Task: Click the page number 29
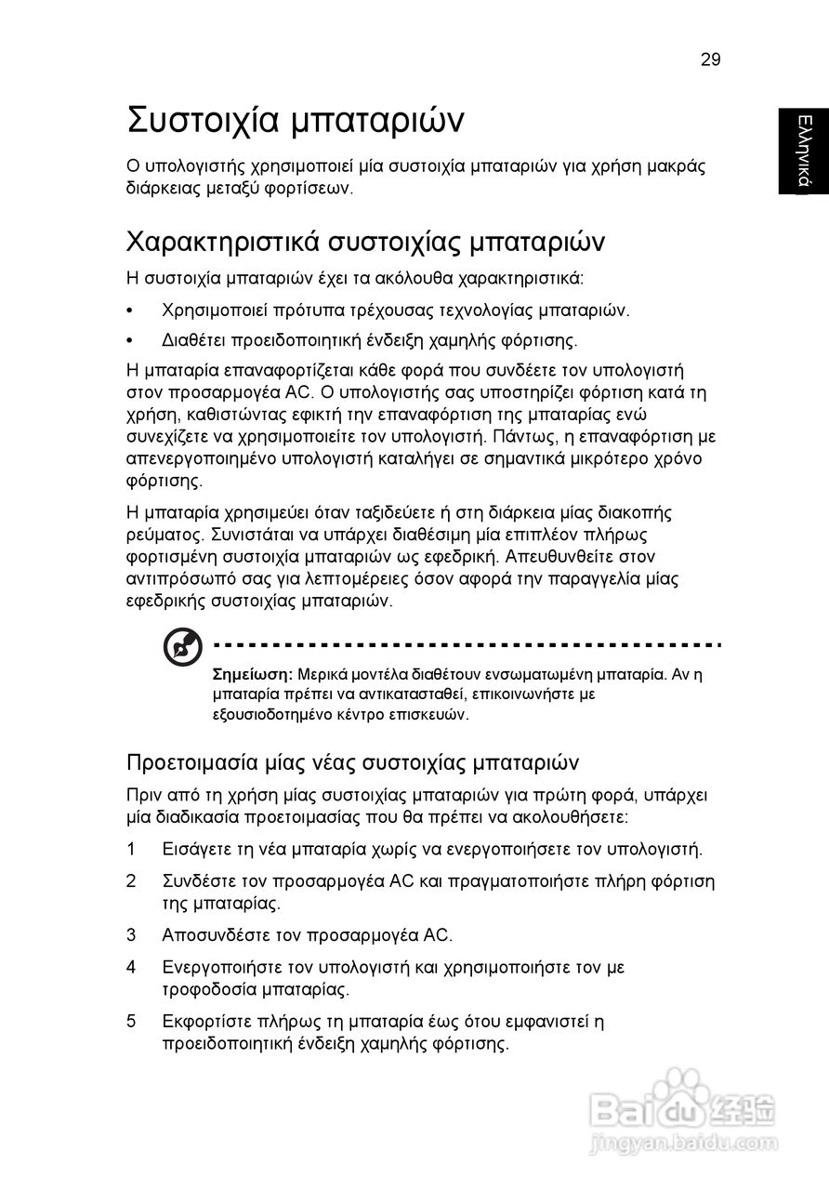[x=710, y=59]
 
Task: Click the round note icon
[x=182, y=647]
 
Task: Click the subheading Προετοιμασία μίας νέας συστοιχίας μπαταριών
[x=353, y=763]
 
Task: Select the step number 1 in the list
[x=132, y=849]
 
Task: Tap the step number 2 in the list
[x=132, y=880]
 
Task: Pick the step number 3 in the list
[x=132, y=934]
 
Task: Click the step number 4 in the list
[x=132, y=967]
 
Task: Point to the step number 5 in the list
[x=132, y=1021]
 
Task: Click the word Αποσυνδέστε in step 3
[x=208, y=934]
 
